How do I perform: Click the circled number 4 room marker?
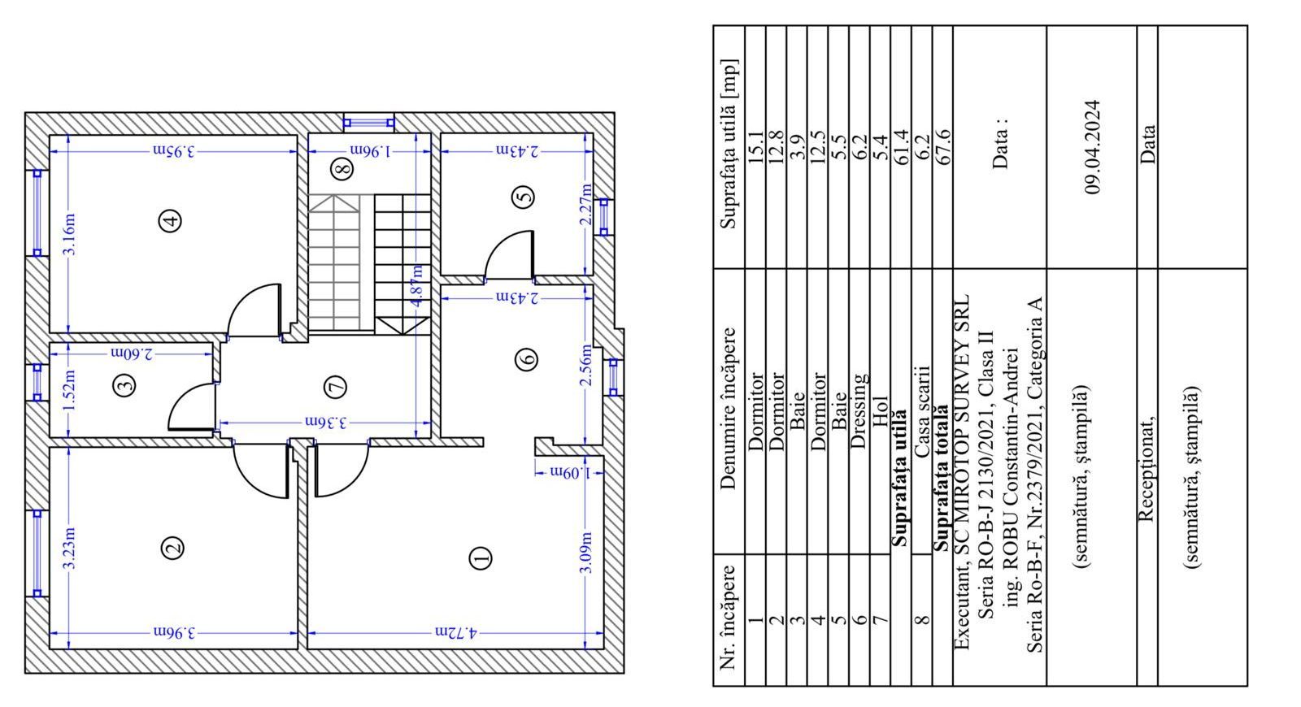[x=170, y=220]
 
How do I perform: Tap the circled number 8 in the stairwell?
[x=342, y=169]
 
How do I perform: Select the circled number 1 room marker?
[x=481, y=557]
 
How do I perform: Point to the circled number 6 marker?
[x=526, y=359]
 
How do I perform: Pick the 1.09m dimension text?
[x=570, y=473]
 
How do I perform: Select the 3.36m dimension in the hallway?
[x=326, y=422]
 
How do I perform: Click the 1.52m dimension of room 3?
[x=68, y=389]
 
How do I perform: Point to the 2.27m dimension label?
[x=585, y=204]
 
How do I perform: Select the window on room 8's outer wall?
[x=369, y=123]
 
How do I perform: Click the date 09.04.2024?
[x=1092, y=147]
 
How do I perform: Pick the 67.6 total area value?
[x=942, y=147]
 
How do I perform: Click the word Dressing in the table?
[x=859, y=410]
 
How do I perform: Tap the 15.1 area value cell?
[x=755, y=147]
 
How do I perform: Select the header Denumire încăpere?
[x=728, y=409]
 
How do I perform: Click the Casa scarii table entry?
[x=922, y=410]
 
